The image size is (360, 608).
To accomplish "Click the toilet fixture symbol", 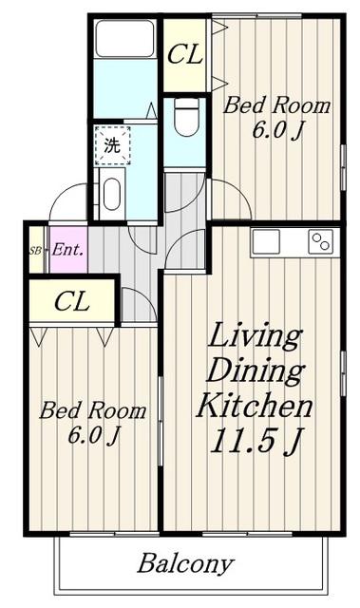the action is click(x=187, y=116).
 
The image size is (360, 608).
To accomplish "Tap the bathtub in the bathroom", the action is click(x=125, y=39).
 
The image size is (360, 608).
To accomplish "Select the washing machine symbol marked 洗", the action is click(x=113, y=145).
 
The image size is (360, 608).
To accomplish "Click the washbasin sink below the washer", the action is click(x=112, y=194).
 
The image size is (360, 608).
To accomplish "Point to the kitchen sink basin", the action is click(x=266, y=241).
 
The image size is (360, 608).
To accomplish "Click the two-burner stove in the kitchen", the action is click(x=321, y=242).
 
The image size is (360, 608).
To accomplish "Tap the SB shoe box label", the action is click(x=35, y=251).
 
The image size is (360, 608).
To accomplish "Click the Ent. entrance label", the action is click(x=67, y=250).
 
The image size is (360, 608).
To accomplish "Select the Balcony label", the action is click(x=185, y=563).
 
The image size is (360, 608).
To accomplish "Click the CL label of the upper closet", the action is click(x=185, y=54).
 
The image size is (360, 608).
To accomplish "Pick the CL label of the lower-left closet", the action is click(x=72, y=301).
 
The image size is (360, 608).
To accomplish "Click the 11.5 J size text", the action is click(x=256, y=441).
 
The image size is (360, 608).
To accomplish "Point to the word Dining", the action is click(x=255, y=371).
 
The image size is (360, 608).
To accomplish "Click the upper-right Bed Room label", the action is click(x=276, y=105).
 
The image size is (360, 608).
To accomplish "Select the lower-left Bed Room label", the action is click(x=93, y=410).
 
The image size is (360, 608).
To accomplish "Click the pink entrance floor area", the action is click(x=68, y=250).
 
